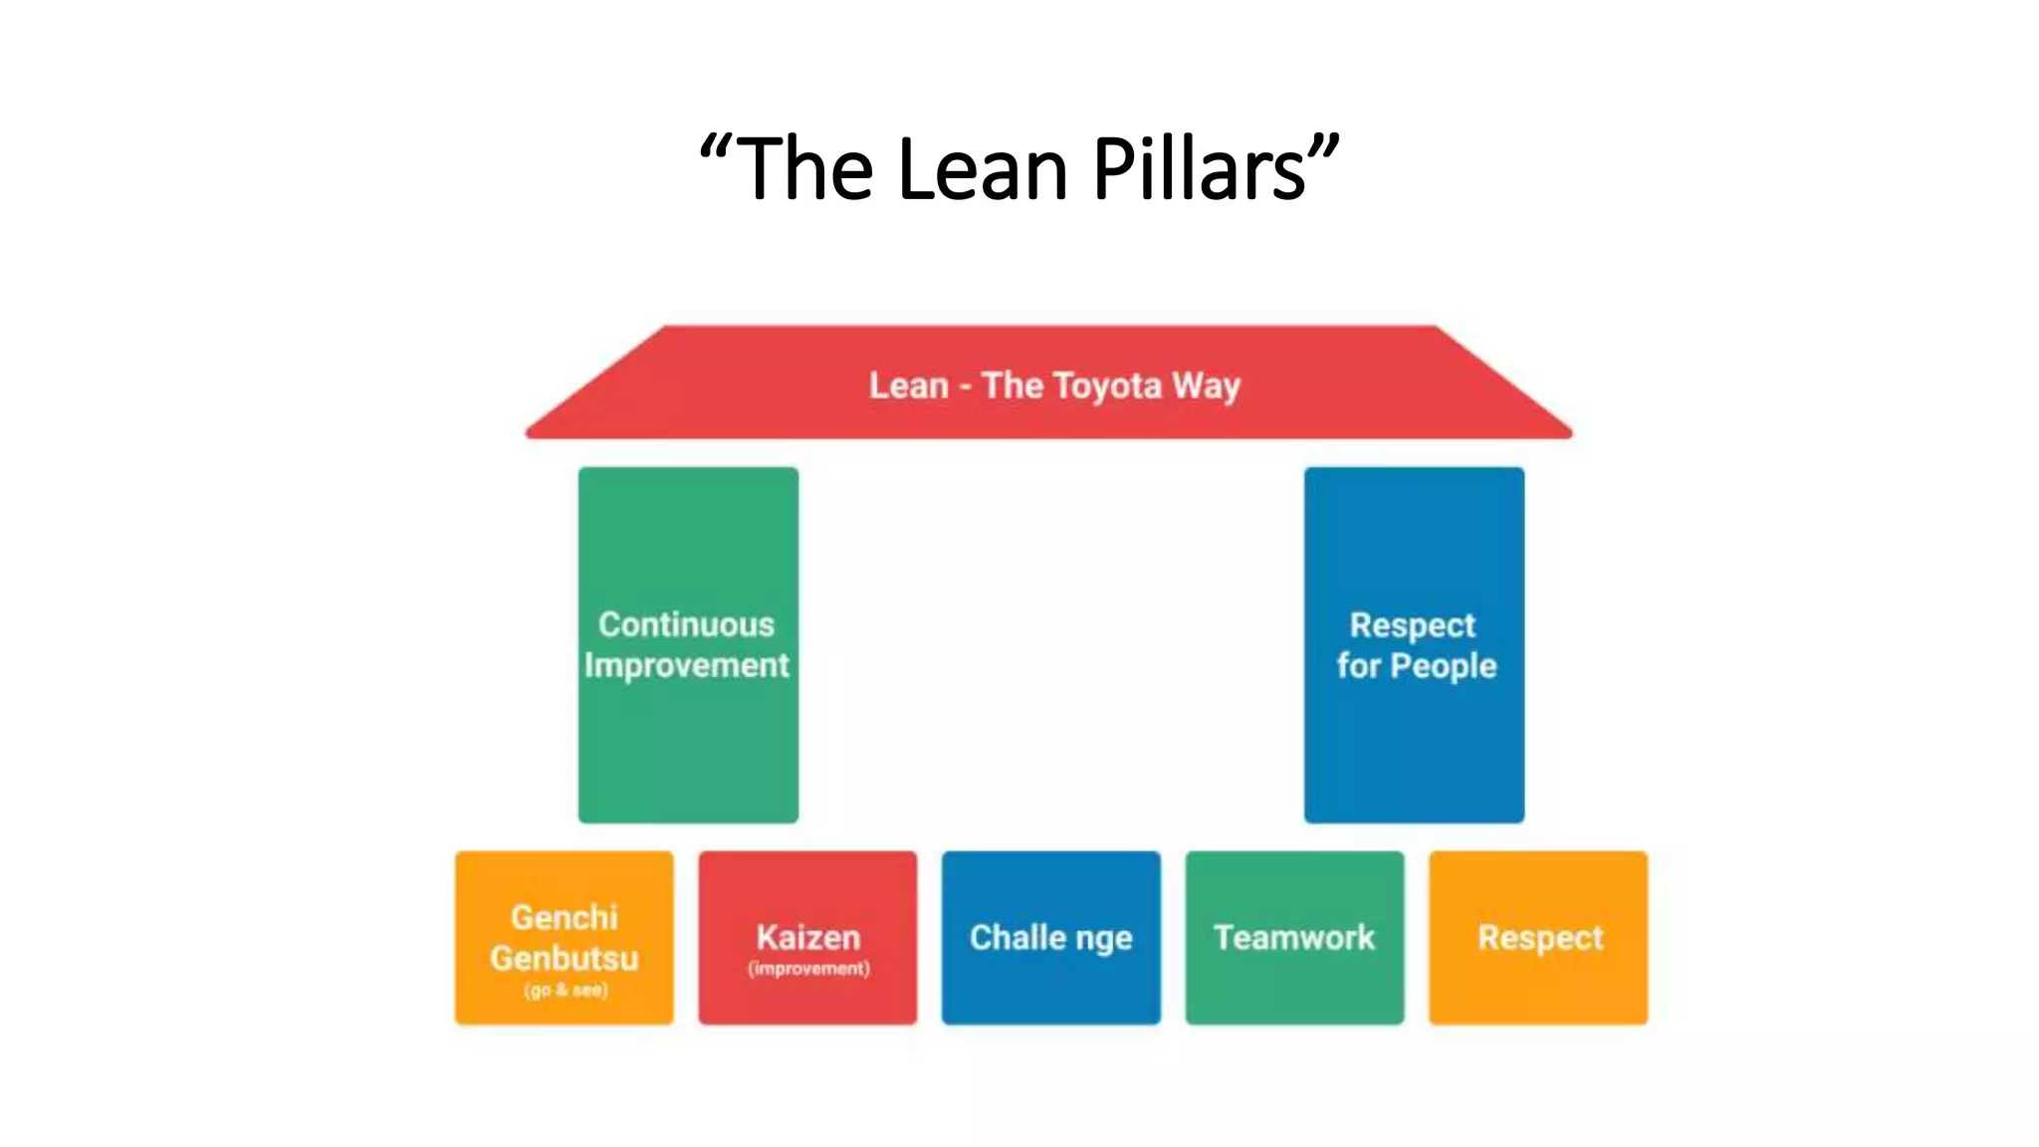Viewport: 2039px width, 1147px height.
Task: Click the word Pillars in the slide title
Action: pos(1200,169)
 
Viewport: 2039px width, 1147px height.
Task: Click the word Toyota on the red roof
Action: pos(1106,385)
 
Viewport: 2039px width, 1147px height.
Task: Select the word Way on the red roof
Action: pos(1206,386)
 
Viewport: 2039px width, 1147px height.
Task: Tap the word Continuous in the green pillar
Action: pos(687,624)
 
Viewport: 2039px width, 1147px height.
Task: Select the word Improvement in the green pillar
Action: pos(687,665)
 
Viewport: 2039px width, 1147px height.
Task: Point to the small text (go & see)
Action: pos(566,990)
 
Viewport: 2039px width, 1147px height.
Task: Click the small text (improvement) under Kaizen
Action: pos(808,969)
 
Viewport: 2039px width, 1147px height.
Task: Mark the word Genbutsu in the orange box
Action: pos(565,958)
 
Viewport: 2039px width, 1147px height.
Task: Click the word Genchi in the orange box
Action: pos(565,917)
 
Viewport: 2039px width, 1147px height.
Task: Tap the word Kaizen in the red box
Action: pos(807,937)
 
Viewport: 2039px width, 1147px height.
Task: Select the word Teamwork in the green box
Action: pos(1294,937)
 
